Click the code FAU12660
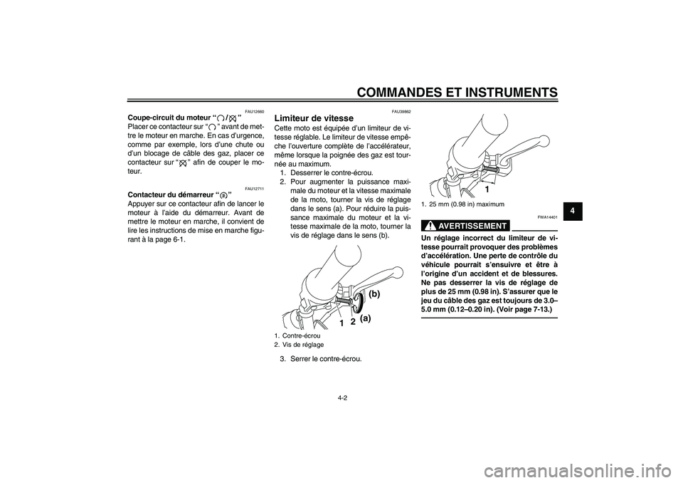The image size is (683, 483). pyautogui.click(x=254, y=110)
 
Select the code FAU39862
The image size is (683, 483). pyautogui.click(x=401, y=110)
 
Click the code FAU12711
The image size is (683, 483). pyautogui.click(x=254, y=188)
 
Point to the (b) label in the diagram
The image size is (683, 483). pyautogui.click(x=375, y=294)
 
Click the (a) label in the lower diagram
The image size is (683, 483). pyautogui.click(x=366, y=319)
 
